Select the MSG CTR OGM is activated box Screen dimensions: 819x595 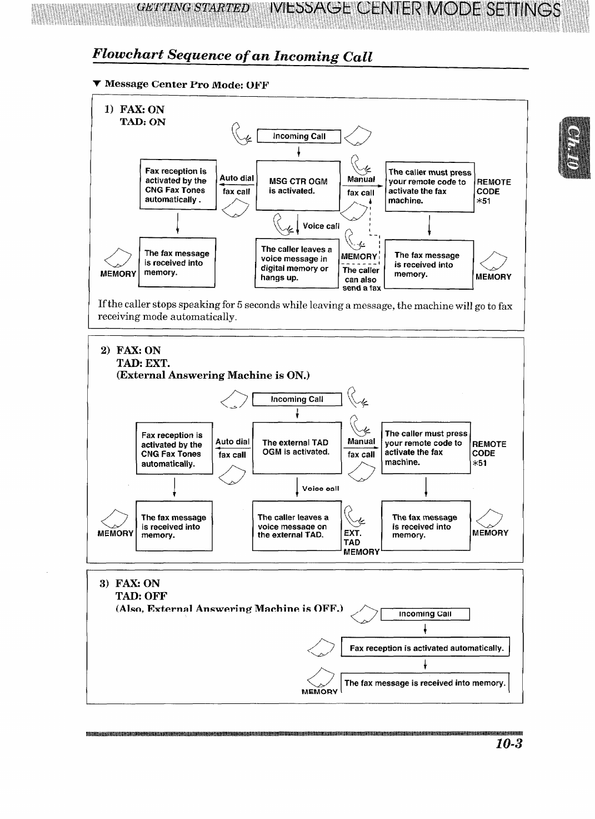click(x=298, y=186)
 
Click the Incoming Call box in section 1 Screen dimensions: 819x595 click(x=299, y=136)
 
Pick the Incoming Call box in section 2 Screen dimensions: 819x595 click(x=297, y=399)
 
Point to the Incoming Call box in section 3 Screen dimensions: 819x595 click(x=425, y=614)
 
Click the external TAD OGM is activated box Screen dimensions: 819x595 click(x=296, y=448)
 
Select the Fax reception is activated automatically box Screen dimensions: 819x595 click(x=426, y=648)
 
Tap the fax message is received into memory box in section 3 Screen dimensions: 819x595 click(x=425, y=683)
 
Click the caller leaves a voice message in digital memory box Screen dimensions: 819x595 click(x=296, y=264)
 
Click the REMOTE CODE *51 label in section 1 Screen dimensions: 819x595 click(x=493, y=191)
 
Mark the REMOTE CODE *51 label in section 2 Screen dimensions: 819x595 click(x=489, y=453)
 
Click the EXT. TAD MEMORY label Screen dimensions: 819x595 click(x=360, y=542)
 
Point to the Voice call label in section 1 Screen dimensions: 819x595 click(x=321, y=226)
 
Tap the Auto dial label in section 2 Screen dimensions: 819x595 click(x=232, y=441)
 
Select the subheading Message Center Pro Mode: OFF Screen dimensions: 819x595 click(x=181, y=85)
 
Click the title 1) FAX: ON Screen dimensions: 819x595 click(x=134, y=110)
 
